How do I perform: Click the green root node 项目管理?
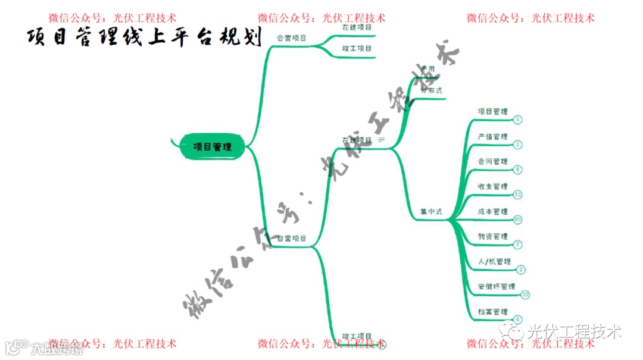213,146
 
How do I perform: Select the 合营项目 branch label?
292,38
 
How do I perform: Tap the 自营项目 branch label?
292,239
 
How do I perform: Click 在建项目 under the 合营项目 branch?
357,27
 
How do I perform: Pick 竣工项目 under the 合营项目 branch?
357,49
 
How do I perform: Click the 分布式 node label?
431,90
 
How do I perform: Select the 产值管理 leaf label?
492,137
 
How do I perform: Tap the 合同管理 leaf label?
492,162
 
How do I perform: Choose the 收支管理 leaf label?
492,187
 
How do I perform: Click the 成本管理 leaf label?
492,212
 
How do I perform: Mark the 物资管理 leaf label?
492,237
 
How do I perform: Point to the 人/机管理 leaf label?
494,262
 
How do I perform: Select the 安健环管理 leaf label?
496,287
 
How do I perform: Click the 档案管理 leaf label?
492,312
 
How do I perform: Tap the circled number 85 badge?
517,220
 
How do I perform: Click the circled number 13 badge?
517,195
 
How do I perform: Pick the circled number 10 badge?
525,295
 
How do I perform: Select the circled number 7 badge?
517,245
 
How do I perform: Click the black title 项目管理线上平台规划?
145,37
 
